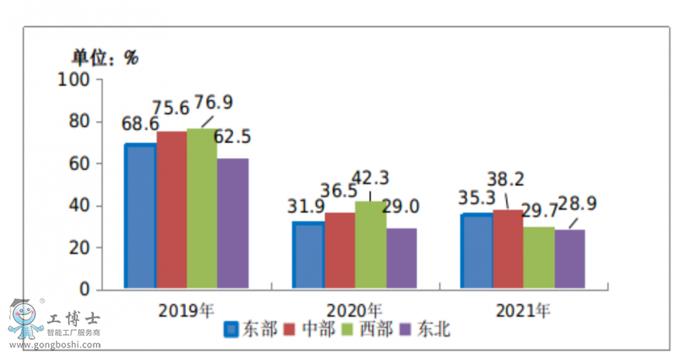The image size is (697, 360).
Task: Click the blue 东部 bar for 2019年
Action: tap(141, 217)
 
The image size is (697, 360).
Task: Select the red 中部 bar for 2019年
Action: tap(172, 211)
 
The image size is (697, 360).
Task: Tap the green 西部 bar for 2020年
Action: tap(369, 245)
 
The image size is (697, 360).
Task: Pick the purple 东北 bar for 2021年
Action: tap(570, 259)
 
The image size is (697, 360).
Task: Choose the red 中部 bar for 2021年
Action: tap(508, 249)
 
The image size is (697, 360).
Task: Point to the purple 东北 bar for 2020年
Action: tap(401, 259)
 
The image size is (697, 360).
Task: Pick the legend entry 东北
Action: tap(433, 330)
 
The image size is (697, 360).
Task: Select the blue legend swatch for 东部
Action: tap(231, 331)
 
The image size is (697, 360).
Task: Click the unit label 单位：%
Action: tap(105, 57)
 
